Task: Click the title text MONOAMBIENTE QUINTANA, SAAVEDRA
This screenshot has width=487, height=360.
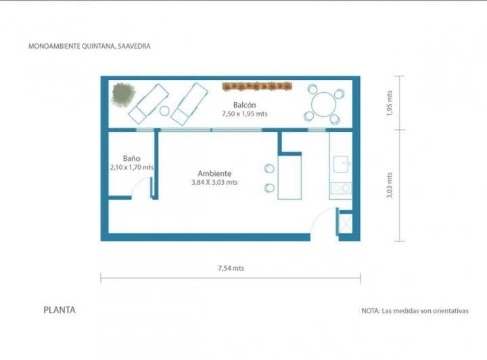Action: tap(89, 47)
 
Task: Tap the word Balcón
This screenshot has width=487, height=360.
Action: tap(244, 105)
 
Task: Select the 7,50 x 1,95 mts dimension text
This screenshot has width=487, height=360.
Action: tap(244, 114)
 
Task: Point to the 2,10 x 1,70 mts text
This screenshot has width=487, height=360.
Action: tap(131, 166)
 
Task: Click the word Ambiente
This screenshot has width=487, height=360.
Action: tap(214, 173)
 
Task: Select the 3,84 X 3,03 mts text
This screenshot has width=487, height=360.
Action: tap(214, 182)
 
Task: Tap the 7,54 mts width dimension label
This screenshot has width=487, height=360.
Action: tap(231, 268)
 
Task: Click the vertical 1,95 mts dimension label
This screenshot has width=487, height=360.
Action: tap(390, 103)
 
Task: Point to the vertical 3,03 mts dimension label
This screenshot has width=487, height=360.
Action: tap(390, 185)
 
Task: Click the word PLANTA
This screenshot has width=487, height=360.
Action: tap(60, 311)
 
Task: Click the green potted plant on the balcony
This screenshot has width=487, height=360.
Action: tap(123, 94)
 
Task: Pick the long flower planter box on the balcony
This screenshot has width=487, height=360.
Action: tap(257, 86)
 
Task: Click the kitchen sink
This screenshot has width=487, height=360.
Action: tap(342, 163)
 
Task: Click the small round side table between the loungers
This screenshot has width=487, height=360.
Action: tap(164, 110)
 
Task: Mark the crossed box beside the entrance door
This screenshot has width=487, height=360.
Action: tap(345, 223)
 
